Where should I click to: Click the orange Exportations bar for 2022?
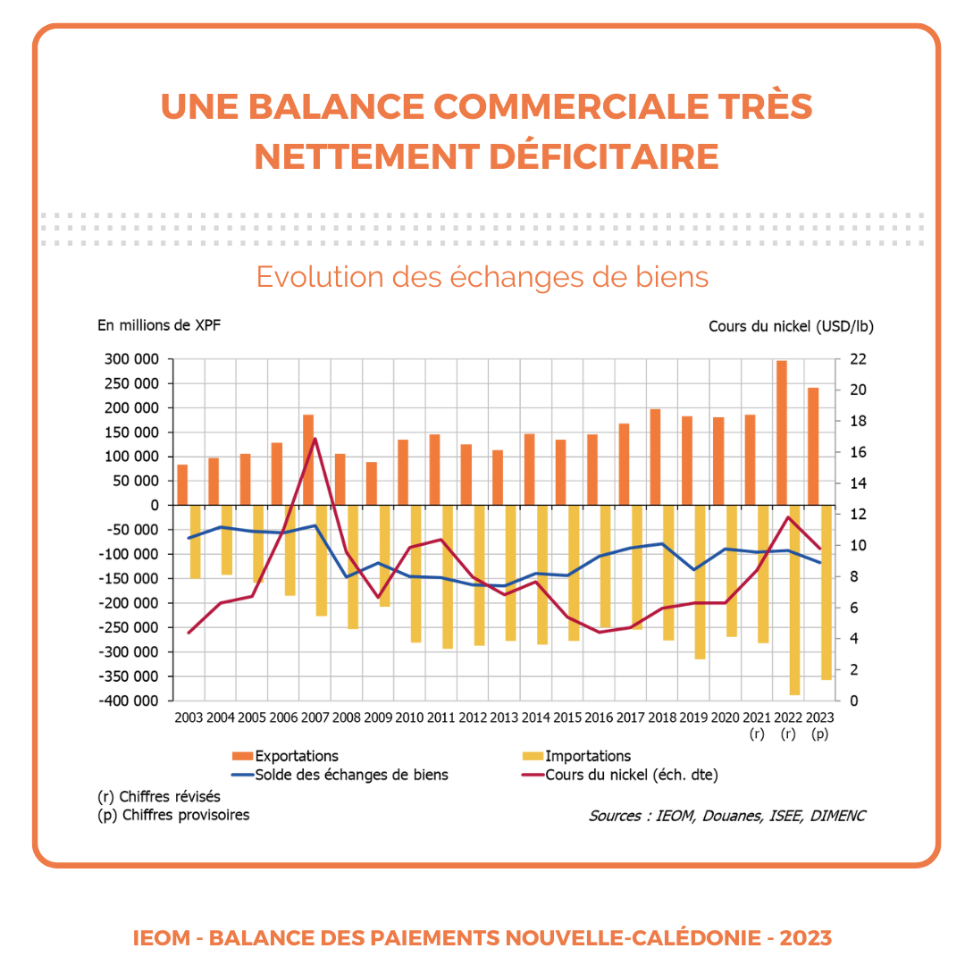[782, 432]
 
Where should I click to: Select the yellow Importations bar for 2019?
[700, 583]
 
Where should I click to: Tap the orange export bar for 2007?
[308, 460]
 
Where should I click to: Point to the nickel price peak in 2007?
[315, 438]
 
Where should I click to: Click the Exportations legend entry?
[286, 756]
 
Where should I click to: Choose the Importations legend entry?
[576, 756]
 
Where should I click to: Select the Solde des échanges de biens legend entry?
[340, 775]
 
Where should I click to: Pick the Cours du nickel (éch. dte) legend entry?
[620, 775]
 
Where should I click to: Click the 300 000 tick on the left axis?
[131, 359]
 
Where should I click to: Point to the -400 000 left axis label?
[129, 701]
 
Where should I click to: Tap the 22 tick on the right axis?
[858, 359]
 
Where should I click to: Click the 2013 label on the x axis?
[504, 717]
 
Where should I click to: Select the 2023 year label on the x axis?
[819, 717]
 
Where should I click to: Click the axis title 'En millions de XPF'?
[159, 325]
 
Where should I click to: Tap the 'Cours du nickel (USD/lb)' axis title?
[791, 326]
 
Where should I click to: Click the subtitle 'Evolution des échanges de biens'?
[482, 277]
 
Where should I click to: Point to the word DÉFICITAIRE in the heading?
[604, 156]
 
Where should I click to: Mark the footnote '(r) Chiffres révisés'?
[159, 796]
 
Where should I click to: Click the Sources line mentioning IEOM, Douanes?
[726, 816]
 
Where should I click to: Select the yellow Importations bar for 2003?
[195, 541]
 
